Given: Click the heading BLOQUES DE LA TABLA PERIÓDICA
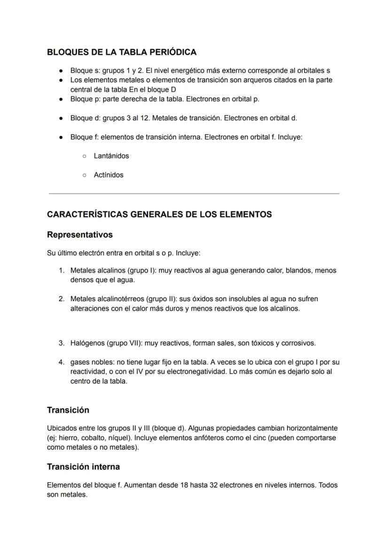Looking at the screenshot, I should tap(122, 52).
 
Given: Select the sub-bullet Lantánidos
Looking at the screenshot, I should tap(111, 156).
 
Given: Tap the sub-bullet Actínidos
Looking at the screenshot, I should tap(109, 175).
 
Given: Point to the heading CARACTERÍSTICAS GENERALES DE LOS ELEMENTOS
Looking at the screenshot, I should tap(159, 215).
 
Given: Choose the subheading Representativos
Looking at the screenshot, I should tap(80, 234).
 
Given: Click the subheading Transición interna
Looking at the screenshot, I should tap(83, 467).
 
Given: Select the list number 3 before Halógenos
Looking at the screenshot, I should tap(61, 343).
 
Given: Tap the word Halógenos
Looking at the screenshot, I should tap(87, 343).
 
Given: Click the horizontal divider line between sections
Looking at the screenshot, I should tap(194, 193).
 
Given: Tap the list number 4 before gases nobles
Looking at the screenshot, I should tap(61, 362).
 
